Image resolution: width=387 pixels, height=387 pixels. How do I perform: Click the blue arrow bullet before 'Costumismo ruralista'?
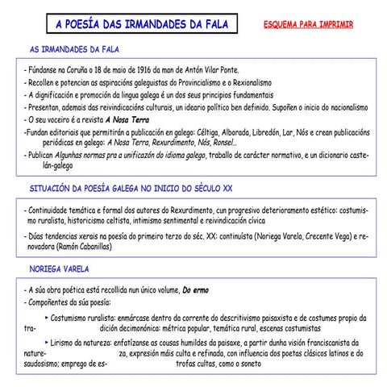(47, 318)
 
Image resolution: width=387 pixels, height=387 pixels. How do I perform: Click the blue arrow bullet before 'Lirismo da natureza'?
(47, 342)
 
